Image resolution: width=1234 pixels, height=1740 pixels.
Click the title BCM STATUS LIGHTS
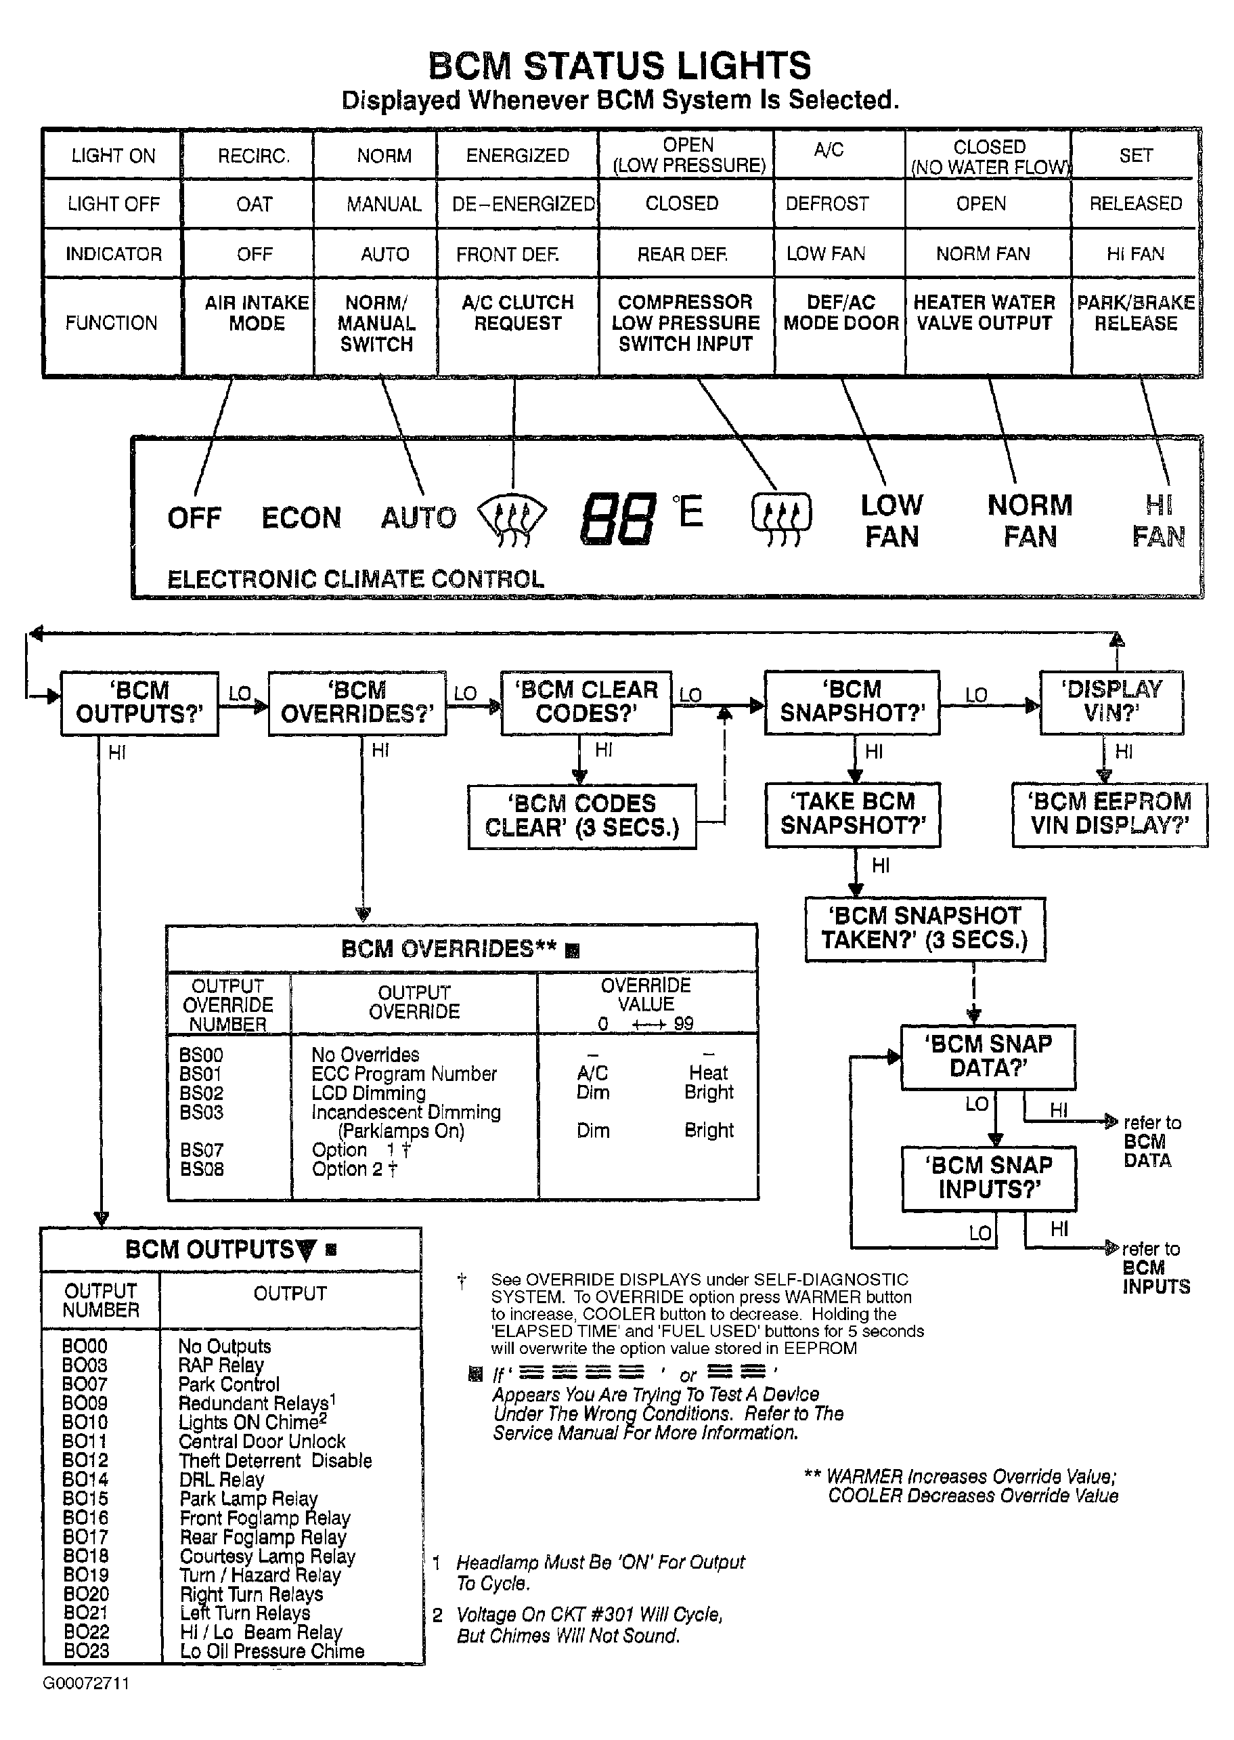(x=619, y=66)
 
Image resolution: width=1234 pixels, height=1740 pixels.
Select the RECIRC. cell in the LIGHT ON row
(x=253, y=156)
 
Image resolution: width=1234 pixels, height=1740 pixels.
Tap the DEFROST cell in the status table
(x=827, y=204)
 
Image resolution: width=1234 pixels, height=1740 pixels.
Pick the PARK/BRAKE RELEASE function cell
(x=1135, y=313)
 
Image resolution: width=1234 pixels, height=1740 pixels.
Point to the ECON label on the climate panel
(x=301, y=518)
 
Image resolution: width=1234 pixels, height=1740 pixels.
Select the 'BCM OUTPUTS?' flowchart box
(x=140, y=702)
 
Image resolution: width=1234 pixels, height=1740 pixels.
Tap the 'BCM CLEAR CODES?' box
(x=586, y=702)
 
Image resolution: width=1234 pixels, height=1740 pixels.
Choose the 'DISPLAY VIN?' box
(x=1111, y=702)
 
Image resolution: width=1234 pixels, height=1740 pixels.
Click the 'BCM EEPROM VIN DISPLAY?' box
(x=1109, y=814)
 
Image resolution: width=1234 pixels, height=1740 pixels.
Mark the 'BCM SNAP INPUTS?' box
(x=988, y=1177)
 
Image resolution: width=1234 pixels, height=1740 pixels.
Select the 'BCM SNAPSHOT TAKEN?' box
(x=925, y=928)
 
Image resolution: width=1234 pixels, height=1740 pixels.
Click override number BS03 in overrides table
(x=201, y=1112)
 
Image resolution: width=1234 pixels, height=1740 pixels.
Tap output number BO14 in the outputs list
(x=85, y=1479)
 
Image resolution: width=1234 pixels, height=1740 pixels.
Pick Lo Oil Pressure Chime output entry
(x=272, y=1651)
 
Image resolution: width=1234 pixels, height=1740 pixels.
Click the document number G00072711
(x=86, y=1683)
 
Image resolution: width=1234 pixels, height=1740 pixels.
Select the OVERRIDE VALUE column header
(x=646, y=995)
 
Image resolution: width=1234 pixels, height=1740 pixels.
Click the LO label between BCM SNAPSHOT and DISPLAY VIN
(x=976, y=695)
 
